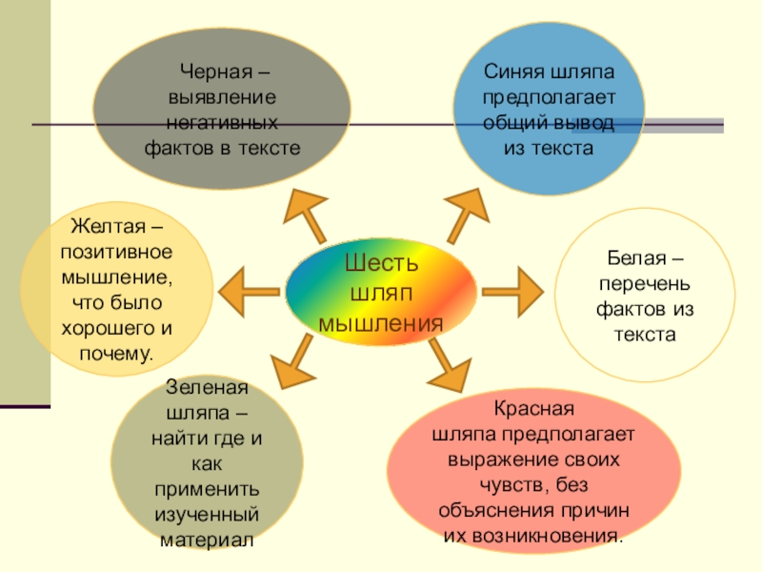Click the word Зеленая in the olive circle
click(207, 390)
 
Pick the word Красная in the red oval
click(532, 410)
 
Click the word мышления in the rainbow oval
click(381, 322)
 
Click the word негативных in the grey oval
click(221, 124)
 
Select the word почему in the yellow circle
click(111, 354)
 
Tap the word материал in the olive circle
click(207, 540)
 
